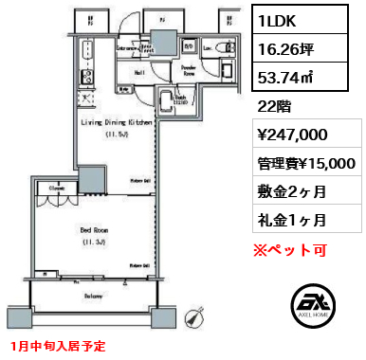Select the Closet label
57,189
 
